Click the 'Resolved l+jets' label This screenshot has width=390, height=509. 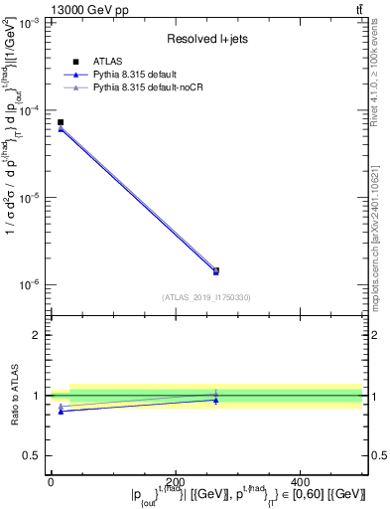tap(206, 39)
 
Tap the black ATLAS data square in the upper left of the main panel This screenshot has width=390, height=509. tap(61, 122)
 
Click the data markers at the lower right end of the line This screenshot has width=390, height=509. tap(216, 270)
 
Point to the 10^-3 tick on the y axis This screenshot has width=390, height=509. tap(30, 22)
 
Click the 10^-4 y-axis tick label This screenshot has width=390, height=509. tap(30, 109)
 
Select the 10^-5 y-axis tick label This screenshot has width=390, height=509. tap(30, 197)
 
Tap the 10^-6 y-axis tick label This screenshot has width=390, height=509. tap(30, 284)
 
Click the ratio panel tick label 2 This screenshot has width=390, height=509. tap(36, 335)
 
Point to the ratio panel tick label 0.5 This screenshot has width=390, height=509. tap(33, 455)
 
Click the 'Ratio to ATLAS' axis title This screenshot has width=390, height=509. tap(13, 396)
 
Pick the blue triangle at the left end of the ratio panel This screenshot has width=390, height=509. tap(61, 411)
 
